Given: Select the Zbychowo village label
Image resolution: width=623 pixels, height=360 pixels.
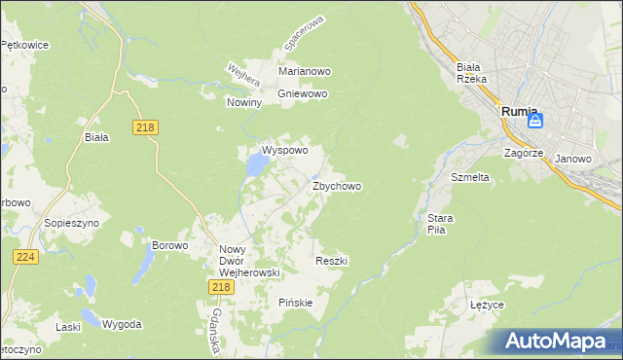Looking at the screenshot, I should click(x=337, y=186).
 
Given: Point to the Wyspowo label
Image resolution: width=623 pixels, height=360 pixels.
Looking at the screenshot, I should click(x=284, y=151).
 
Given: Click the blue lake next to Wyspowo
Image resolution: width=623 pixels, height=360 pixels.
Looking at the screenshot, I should click(x=256, y=166).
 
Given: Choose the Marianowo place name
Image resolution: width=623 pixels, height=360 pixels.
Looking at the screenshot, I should click(x=305, y=72).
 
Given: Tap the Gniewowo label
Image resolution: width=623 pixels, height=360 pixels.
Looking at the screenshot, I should click(x=303, y=94).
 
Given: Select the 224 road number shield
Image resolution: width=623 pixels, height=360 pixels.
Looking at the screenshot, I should click(x=25, y=256).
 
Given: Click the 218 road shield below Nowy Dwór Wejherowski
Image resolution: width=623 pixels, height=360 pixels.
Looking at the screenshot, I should click(x=220, y=286).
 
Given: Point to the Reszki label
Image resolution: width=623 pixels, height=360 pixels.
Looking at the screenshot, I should click(x=332, y=261).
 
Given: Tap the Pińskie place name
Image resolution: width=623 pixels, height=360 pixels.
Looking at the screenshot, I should click(x=296, y=303).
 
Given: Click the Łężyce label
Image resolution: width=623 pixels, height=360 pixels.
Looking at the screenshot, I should click(x=487, y=305).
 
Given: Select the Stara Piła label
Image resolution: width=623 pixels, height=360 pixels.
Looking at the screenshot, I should click(x=436, y=225).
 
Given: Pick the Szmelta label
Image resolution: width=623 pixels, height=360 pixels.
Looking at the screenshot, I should click(x=469, y=178).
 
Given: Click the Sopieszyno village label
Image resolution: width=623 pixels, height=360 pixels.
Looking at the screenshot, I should click(x=67, y=223).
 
